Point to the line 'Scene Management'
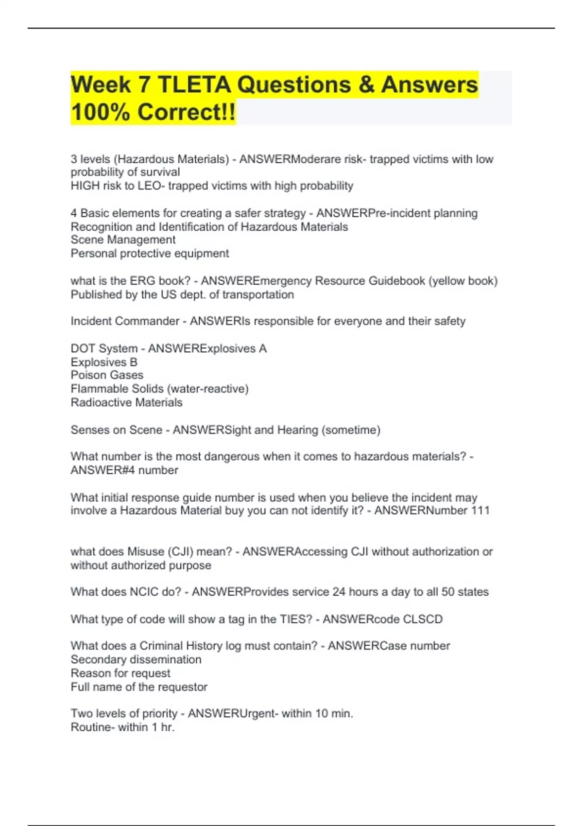[123, 240]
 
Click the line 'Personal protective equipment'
[150, 254]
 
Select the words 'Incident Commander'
[125, 321]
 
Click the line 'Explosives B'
[104, 362]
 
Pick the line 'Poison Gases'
[107, 375]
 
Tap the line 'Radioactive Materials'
[126, 403]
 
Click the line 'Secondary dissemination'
[136, 660]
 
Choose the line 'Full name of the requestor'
[139, 687]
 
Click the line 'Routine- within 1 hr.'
[122, 727]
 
